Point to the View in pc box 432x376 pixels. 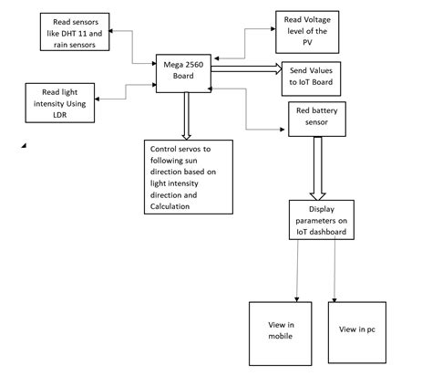point(358,329)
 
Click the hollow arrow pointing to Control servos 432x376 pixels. point(187,116)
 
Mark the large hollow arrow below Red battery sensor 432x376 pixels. point(318,168)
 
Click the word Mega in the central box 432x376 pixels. point(170,65)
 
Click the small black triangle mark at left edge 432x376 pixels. point(23,144)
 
